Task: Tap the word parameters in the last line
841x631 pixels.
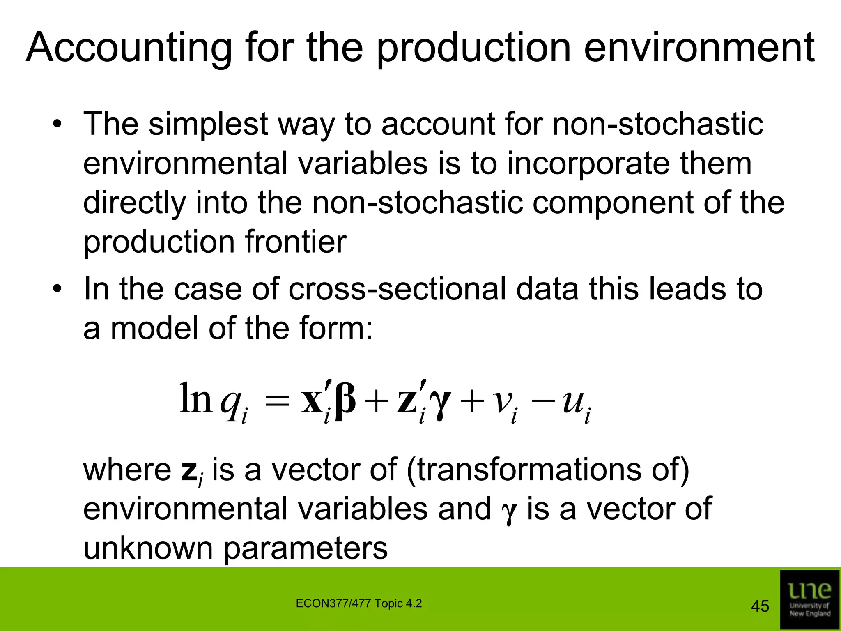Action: tap(306, 548)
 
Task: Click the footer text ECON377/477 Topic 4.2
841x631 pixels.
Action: tap(358, 603)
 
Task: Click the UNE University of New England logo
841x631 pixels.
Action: tap(809, 599)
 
